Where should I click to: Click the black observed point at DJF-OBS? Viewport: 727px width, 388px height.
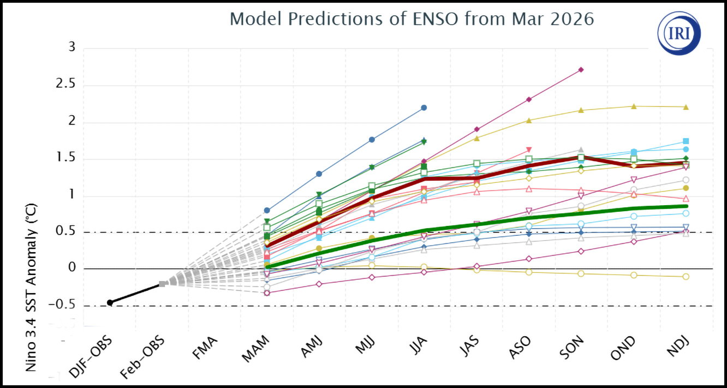110,302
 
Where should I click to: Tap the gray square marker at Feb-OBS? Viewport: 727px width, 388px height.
162,284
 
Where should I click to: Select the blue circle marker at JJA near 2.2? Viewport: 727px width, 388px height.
424,108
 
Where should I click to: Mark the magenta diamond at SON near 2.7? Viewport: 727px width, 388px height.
581,70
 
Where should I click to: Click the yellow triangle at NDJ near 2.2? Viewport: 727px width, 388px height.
686,107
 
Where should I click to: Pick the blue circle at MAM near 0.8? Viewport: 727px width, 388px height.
266,210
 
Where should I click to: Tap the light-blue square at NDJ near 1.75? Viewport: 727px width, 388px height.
686,141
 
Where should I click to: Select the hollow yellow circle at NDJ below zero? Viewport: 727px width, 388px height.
686,277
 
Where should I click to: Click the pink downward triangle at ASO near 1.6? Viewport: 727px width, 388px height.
528,150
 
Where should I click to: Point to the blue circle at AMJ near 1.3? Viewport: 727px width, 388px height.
319,174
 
